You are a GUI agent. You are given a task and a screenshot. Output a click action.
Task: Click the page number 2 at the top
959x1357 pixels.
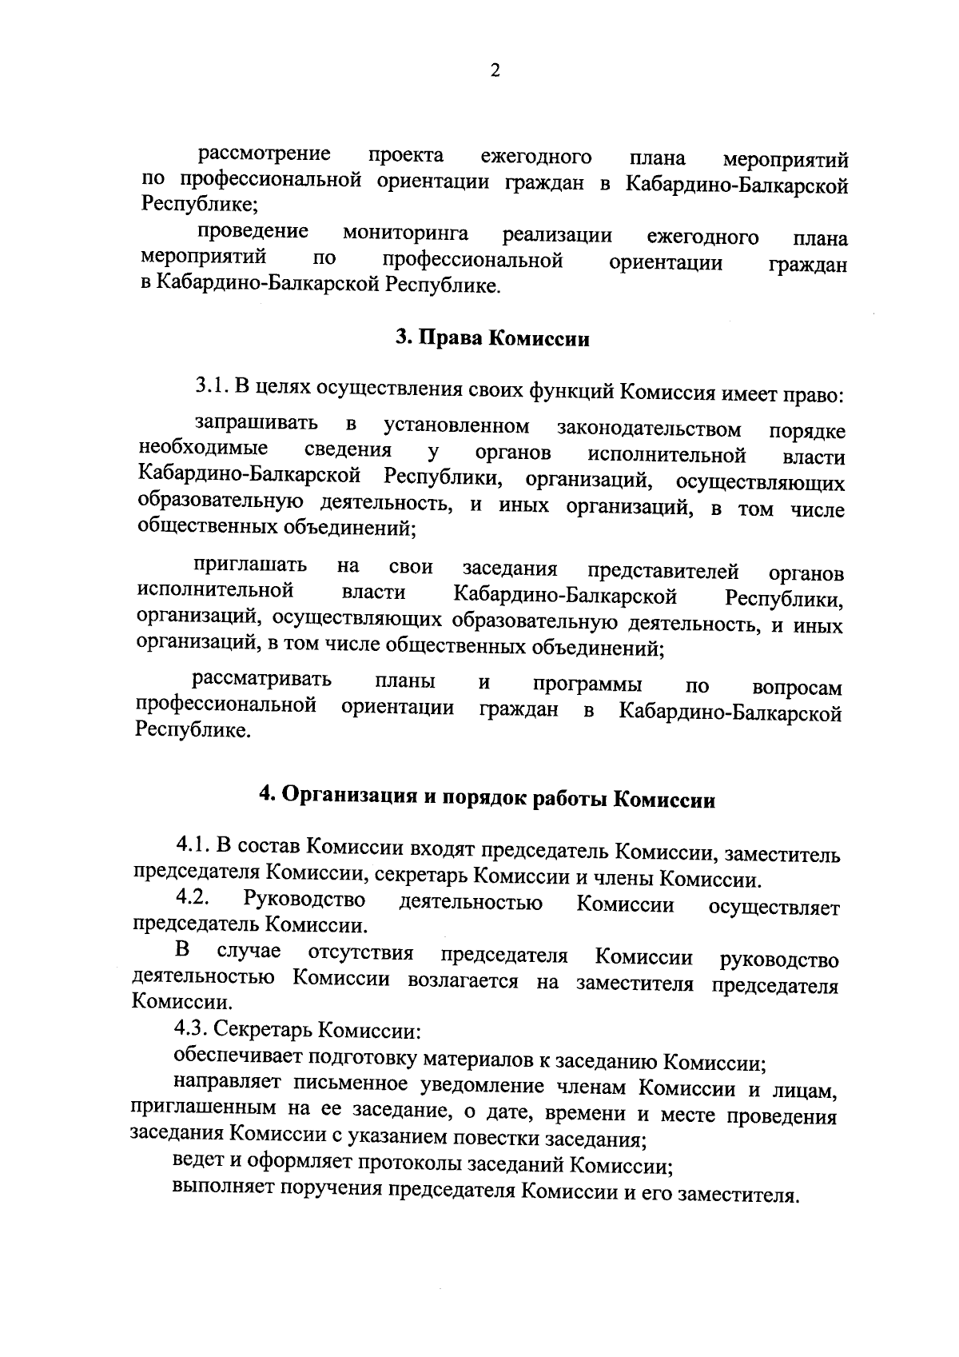pyautogui.click(x=495, y=71)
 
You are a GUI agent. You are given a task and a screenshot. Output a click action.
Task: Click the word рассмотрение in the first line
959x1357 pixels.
pyautogui.click(x=265, y=154)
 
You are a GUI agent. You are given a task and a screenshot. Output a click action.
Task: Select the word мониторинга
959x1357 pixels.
pyautogui.click(x=405, y=234)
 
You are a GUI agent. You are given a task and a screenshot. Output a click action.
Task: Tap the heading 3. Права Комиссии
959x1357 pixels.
pyautogui.click(x=493, y=339)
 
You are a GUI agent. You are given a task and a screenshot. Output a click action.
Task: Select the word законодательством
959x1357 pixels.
pyautogui.click(x=649, y=429)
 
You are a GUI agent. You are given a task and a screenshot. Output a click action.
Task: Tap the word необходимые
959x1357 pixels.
pyautogui.click(x=203, y=449)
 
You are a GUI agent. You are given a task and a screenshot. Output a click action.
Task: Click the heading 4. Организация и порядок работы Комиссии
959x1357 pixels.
pyautogui.click(x=486, y=797)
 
